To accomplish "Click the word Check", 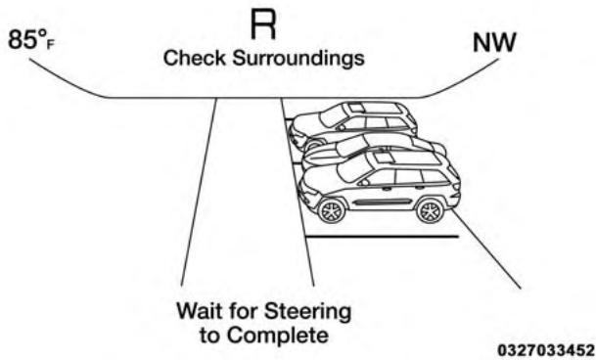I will point(192,59).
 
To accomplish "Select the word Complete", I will point(286,336).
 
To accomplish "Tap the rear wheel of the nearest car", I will point(429,209).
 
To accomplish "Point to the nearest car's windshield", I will point(353,168).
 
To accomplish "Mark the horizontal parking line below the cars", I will point(382,237).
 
